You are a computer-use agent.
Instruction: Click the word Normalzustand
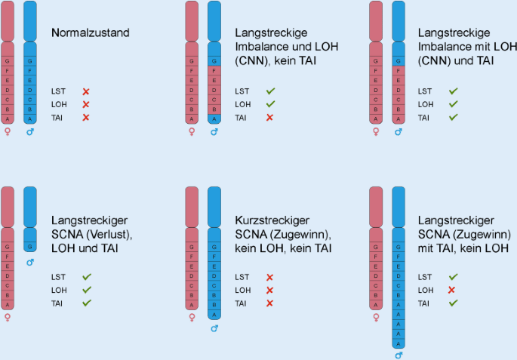click(x=91, y=33)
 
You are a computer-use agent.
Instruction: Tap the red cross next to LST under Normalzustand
click(x=85, y=91)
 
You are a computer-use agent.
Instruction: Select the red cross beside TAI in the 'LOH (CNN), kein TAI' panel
click(x=269, y=118)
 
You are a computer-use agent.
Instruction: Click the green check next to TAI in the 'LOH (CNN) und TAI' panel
click(x=453, y=118)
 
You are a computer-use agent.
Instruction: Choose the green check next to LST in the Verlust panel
click(x=86, y=277)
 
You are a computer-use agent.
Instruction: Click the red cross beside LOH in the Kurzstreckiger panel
click(x=269, y=290)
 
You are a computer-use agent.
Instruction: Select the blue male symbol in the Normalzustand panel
click(x=30, y=132)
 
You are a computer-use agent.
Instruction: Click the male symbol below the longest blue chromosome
click(x=399, y=355)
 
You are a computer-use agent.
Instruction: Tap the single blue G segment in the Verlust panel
click(x=30, y=247)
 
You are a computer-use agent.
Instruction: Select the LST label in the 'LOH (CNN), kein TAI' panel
click(x=242, y=91)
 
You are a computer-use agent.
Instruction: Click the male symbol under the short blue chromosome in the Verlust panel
click(x=30, y=263)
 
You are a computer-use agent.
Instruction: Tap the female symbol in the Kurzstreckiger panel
click(x=192, y=318)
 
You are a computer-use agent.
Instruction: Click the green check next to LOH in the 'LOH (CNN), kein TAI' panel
click(x=269, y=104)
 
